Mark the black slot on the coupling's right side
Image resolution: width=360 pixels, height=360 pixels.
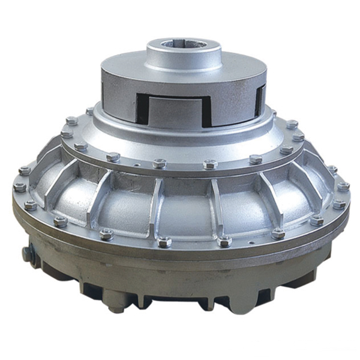tap(260, 99)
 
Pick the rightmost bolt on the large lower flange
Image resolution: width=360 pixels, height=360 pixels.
tap(344, 186)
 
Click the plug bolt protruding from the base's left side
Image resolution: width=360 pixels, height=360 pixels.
tap(26, 254)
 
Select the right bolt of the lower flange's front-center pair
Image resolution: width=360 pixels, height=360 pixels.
tap(224, 241)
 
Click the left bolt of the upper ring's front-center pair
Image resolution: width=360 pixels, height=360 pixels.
tap(159, 163)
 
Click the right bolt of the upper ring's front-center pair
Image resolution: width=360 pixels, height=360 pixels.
tap(210, 163)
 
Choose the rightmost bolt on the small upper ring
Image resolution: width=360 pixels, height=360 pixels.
tap(298, 137)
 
